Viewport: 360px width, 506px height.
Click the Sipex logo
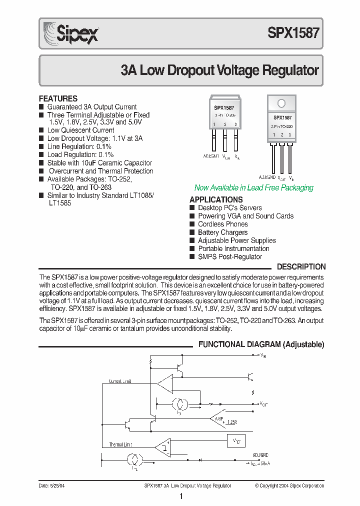(x=70, y=34)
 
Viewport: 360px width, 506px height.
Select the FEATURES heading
(x=58, y=98)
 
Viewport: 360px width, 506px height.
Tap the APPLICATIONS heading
(x=216, y=199)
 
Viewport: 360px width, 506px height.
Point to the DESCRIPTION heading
(x=301, y=267)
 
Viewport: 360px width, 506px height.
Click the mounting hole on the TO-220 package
(x=281, y=103)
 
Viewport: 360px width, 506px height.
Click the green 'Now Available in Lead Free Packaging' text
(x=253, y=188)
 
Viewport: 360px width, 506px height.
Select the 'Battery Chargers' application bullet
(x=222, y=232)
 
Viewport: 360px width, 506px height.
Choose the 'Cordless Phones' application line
(x=222, y=224)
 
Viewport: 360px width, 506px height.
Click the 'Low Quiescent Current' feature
(x=80, y=130)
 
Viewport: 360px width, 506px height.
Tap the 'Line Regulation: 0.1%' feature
(x=79, y=146)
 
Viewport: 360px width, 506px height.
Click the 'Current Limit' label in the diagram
(x=120, y=381)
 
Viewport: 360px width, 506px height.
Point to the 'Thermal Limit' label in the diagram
(x=120, y=444)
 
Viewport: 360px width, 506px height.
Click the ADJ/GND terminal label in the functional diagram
(x=260, y=455)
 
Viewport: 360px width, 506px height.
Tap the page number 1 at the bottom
(x=181, y=496)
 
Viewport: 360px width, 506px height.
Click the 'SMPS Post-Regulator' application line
(x=229, y=257)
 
